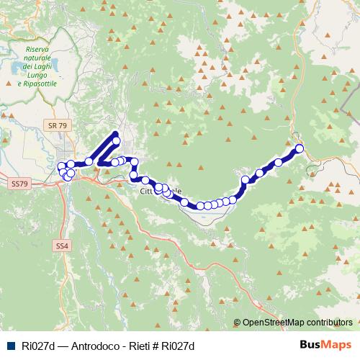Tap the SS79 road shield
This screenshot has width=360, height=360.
pos(19,184)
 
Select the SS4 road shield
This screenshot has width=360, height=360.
pos(62,246)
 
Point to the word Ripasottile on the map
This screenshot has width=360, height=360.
pos(40,84)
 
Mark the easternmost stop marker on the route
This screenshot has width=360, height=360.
pos(300,149)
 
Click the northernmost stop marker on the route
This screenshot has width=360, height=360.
pos(116,141)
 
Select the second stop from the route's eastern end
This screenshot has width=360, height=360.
pos(278,163)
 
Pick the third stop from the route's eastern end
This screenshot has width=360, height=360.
pos(259,173)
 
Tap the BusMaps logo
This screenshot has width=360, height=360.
pos(325,345)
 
